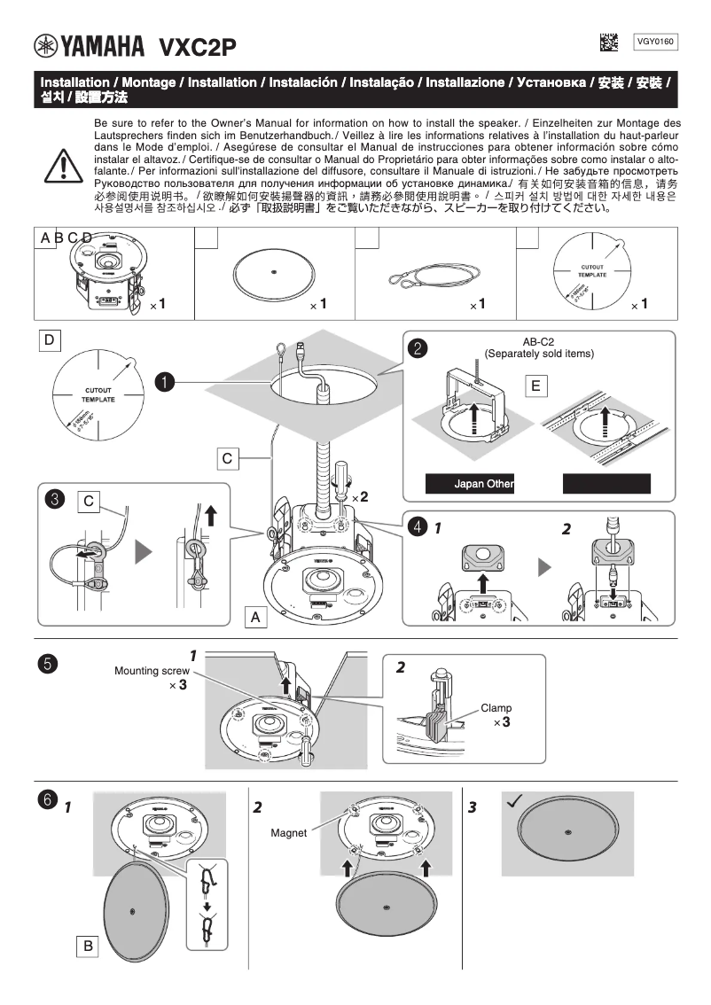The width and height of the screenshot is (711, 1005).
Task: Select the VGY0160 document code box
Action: click(x=656, y=42)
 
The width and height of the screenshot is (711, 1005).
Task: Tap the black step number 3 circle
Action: click(x=55, y=500)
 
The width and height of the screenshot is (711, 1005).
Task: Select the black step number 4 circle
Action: click(x=417, y=526)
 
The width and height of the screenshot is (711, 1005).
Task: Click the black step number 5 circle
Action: click(x=50, y=664)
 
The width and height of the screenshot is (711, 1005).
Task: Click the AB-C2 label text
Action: click(x=539, y=341)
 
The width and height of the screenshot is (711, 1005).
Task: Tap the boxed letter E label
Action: click(x=535, y=386)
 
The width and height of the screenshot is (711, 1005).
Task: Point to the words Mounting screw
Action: click(x=152, y=671)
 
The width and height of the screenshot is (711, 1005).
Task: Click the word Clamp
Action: click(x=496, y=708)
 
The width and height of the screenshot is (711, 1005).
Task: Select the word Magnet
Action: click(x=288, y=833)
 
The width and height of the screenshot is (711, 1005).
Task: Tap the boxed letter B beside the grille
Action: click(x=88, y=947)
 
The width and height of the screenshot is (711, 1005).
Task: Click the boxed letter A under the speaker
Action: click(x=255, y=617)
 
